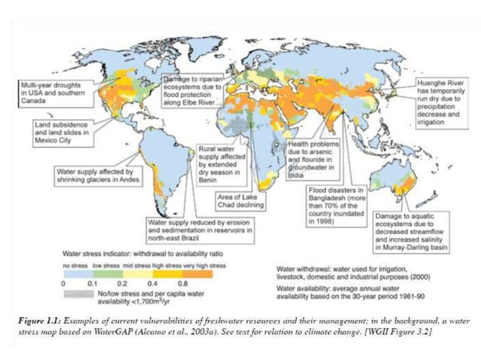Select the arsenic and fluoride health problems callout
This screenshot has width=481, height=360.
click(314, 155)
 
